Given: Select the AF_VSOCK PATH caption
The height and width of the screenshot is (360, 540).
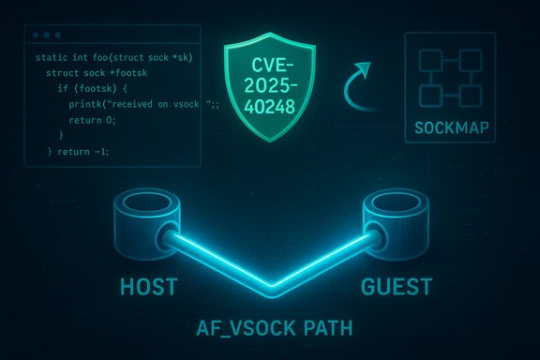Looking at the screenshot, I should (269, 331).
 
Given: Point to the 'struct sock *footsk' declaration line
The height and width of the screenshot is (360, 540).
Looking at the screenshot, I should (87, 73).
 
